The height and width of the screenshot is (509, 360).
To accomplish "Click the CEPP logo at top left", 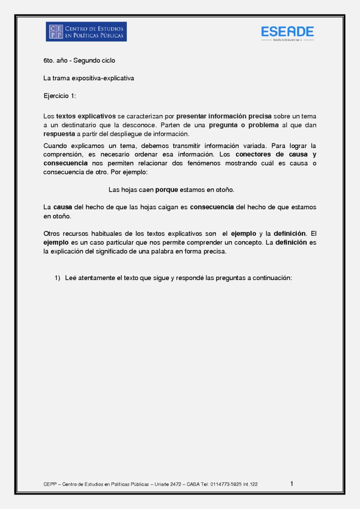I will (x=86, y=32).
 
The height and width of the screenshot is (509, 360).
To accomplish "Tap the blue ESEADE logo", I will (x=287, y=32).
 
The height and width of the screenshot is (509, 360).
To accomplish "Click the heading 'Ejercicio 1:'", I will (x=60, y=96).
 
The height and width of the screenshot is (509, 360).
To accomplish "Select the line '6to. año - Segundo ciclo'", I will (x=79, y=61).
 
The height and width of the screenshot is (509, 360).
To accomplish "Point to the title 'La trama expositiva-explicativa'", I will (x=89, y=78).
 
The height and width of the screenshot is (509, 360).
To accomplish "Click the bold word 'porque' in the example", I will (x=167, y=190).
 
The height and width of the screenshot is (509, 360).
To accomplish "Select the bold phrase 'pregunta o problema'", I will (x=244, y=125).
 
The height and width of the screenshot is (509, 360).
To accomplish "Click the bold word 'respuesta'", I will (x=59, y=134).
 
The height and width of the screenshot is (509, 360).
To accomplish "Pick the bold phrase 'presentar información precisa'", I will (x=223, y=116).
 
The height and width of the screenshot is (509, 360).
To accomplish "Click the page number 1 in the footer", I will (x=292, y=484).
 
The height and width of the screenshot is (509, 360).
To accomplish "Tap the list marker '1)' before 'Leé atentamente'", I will (x=58, y=278).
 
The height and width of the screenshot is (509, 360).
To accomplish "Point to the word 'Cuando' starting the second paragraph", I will (x=54, y=145).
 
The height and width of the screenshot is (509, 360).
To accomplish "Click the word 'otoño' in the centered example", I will (x=225, y=190).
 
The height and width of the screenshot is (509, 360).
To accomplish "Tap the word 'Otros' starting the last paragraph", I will (x=52, y=234).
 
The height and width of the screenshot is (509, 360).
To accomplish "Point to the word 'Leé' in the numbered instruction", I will (x=70, y=278).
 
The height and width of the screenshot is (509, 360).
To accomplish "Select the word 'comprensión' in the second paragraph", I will (x=61, y=154).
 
